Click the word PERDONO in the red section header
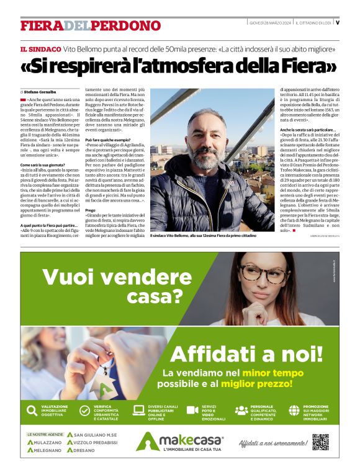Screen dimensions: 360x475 click(127, 25)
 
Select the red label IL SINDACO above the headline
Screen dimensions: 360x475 click(40, 49)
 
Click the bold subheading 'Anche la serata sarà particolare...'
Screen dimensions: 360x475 click(308, 130)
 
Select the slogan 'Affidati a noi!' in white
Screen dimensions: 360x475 click(246, 353)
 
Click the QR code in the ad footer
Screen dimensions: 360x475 click(320, 442)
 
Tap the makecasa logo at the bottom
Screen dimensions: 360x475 click(179, 442)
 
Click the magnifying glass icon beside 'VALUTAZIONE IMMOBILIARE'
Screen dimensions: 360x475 click(31, 410)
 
